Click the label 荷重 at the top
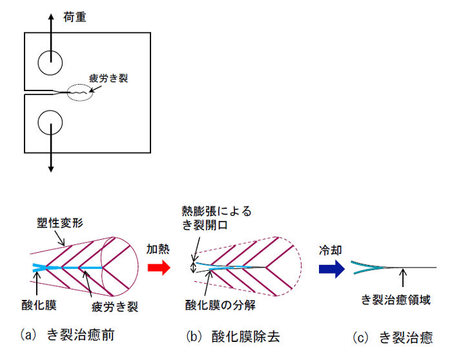coord(75,17)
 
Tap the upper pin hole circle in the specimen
coord(50,63)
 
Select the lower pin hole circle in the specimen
coord(50,122)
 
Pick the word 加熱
coord(158,248)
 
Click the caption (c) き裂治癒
coord(393,337)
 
